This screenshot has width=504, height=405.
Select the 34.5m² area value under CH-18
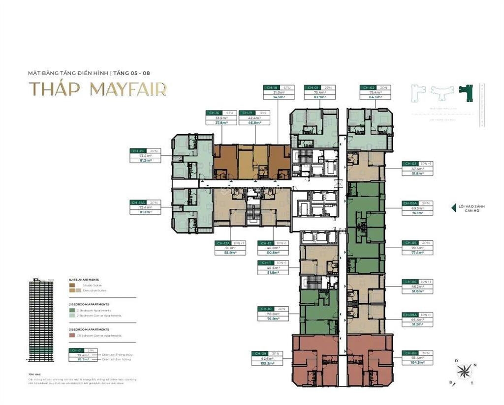pyautogui.click(x=279, y=97)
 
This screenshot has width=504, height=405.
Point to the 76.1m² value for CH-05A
pyautogui.click(x=417, y=213)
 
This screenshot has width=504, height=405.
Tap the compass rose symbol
pyautogui.click(x=464, y=372)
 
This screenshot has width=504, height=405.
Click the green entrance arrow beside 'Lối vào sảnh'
pyautogui.click(x=453, y=208)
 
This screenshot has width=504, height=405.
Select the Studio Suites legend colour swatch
pyautogui.click(x=72, y=285)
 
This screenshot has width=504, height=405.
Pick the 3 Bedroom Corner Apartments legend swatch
pyautogui.click(x=72, y=336)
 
